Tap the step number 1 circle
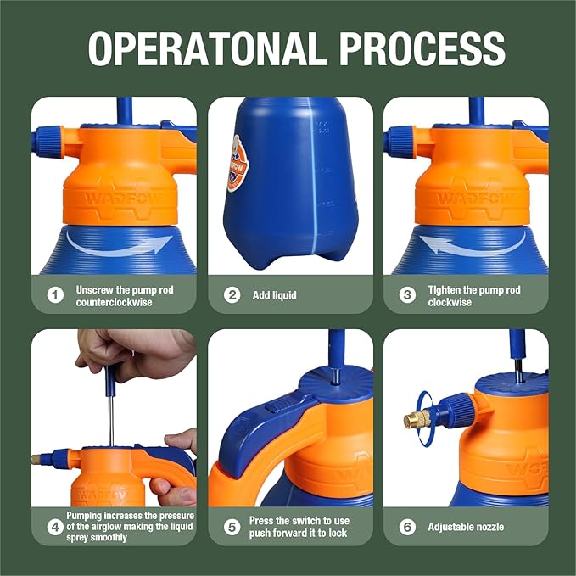pyautogui.click(x=56, y=295)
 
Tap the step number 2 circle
pyautogui.click(x=232, y=295)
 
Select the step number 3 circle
pyautogui.click(x=408, y=295)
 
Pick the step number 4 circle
pyautogui.click(x=56, y=527)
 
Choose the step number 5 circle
pyautogui.click(x=232, y=527)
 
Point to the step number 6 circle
pyautogui.click(x=408, y=527)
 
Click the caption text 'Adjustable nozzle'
pyautogui.click(x=466, y=527)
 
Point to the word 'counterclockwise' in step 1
pyautogui.click(x=114, y=302)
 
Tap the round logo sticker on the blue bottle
pyautogui.click(x=239, y=165)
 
